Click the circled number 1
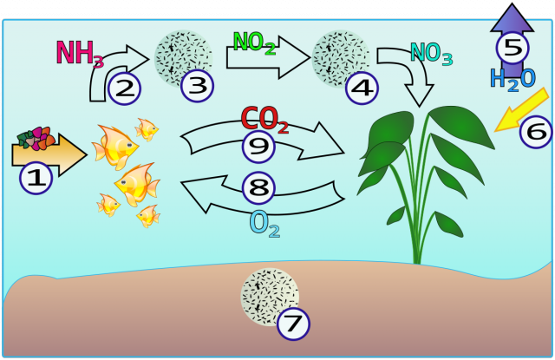coord(36,178)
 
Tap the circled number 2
coord(124,88)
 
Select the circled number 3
coord(197,86)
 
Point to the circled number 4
coord(362,88)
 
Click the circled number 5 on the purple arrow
coord(513,48)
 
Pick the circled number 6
coord(536,132)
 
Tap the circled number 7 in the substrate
coord(293,324)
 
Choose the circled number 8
coord(258,188)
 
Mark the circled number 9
coord(258,147)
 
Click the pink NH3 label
coord(80,54)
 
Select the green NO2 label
coord(254,43)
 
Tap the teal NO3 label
coord(432,54)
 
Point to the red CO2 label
coord(264,120)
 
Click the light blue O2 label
coord(264,224)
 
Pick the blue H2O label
coord(513,80)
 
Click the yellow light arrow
coord(521,109)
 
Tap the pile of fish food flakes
coord(36,139)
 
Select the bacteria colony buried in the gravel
coord(270,297)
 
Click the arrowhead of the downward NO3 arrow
coord(420,95)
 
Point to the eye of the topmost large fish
coord(129,145)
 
